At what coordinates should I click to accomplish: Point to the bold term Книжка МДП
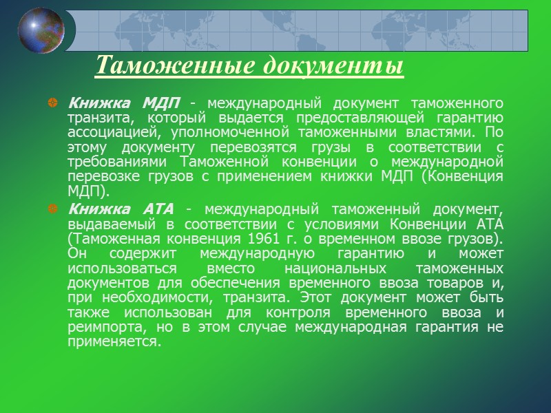[x=123, y=103]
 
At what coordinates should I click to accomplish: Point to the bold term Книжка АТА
[x=122, y=209]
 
